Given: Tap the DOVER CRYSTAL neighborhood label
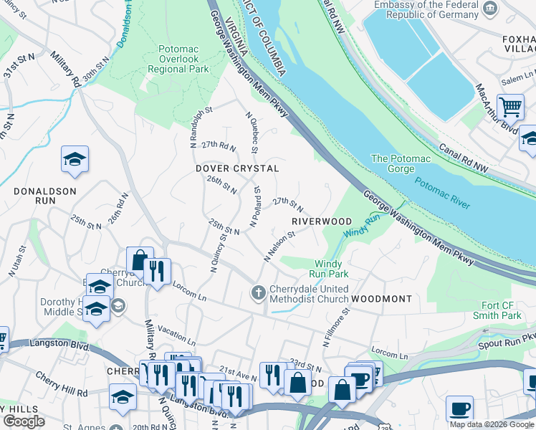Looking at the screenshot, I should coord(237,168).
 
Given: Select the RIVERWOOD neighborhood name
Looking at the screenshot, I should coord(322,221).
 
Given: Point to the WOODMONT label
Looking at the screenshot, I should coord(381,298).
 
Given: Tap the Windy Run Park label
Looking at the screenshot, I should coord(329,269).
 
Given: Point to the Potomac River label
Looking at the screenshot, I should coord(442,193).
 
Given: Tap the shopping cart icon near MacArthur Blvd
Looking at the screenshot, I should coord(510,107).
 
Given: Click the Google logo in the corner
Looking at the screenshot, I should coord(24,421).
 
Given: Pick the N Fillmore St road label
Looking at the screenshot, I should coord(335,328).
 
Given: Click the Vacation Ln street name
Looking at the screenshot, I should coord(175,335).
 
